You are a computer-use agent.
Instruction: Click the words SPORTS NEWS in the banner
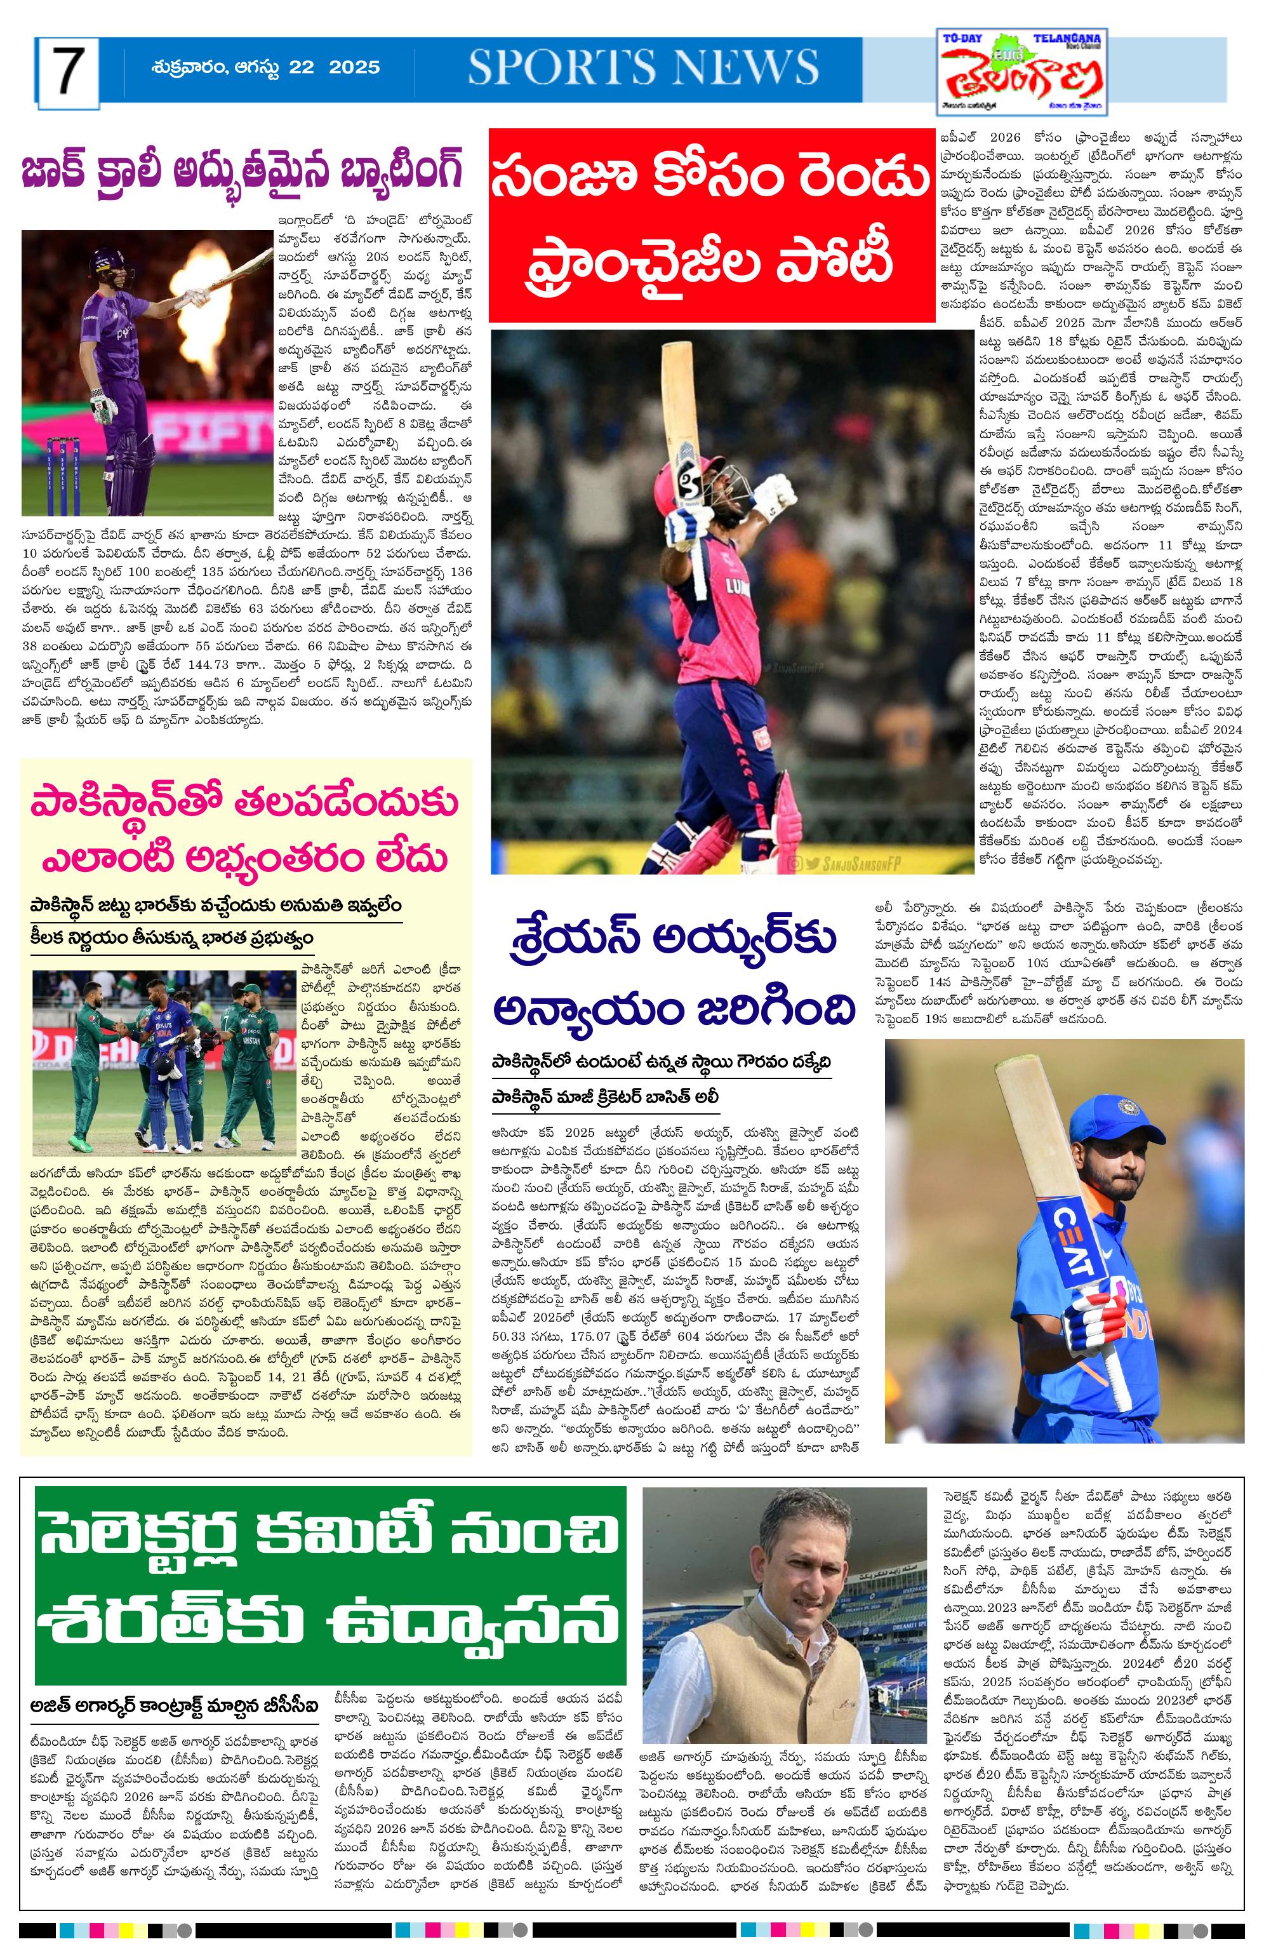[x=644, y=67]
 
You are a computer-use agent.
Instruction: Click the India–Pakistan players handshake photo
[x=163, y=1063]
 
